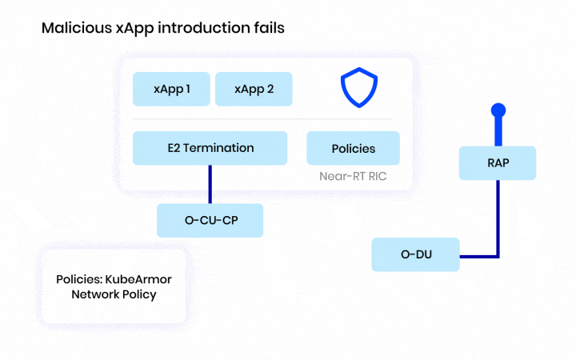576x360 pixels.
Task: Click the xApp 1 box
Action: click(x=172, y=90)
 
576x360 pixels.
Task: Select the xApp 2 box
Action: click(x=254, y=90)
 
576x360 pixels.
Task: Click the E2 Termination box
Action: click(x=210, y=148)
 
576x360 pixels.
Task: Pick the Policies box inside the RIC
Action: click(x=353, y=149)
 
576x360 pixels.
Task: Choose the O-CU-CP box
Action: click(x=210, y=220)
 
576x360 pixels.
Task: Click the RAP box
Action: click(x=497, y=163)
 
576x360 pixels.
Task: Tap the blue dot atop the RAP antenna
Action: click(x=498, y=110)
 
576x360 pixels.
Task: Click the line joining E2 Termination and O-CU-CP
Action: click(x=210, y=184)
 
